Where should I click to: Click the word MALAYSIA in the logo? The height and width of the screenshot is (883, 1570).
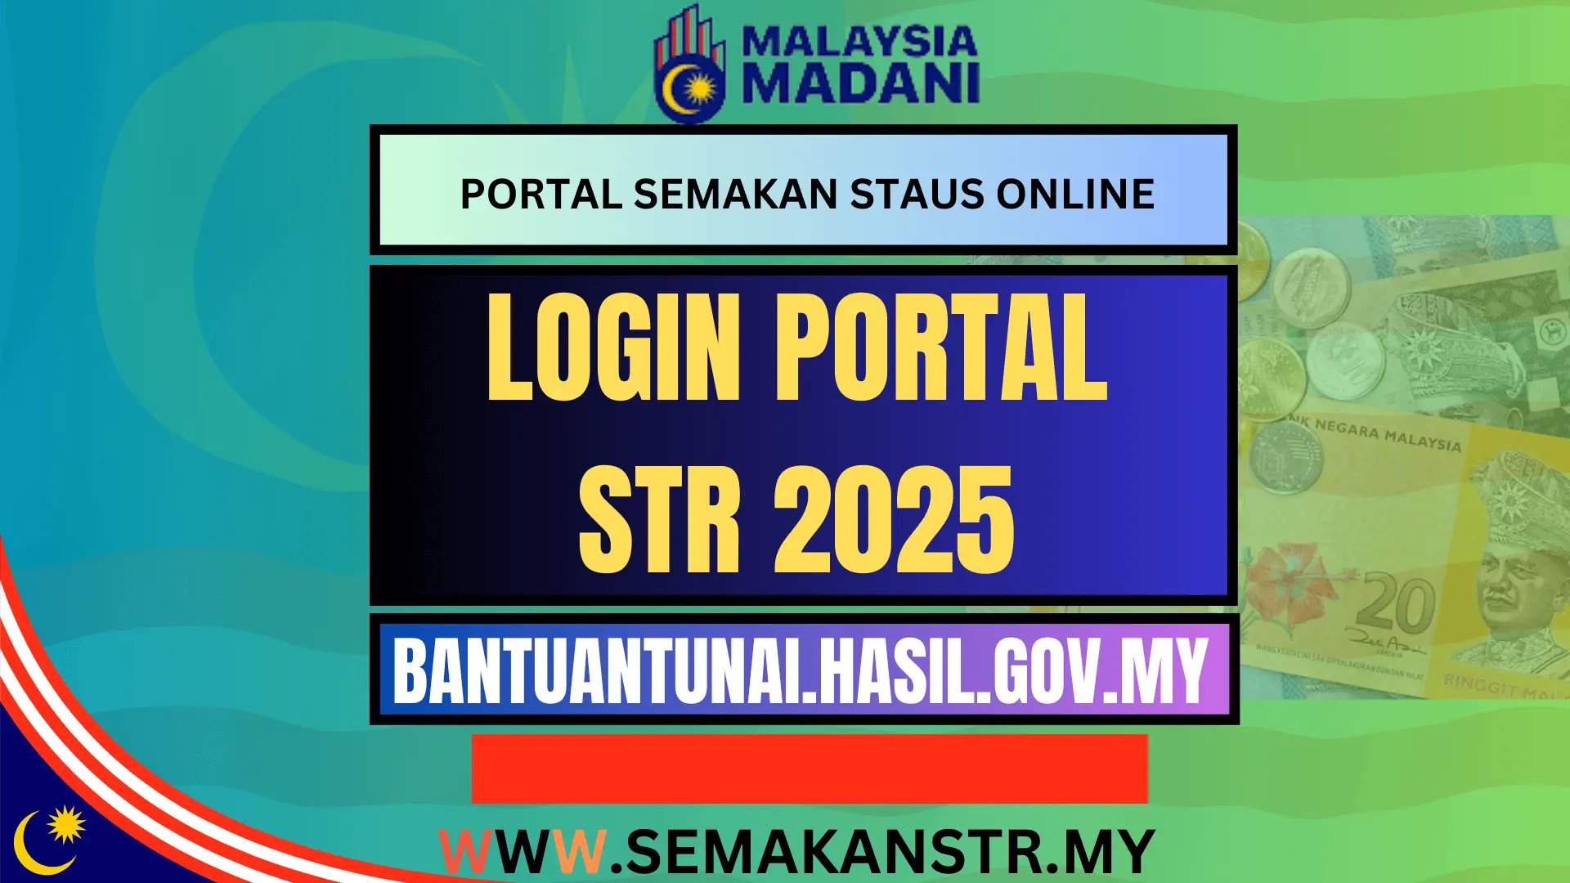pyautogui.click(x=860, y=42)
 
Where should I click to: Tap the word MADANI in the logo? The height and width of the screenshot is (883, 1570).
pyautogui.click(x=860, y=84)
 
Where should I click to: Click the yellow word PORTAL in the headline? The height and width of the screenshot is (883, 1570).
pyautogui.click(x=940, y=348)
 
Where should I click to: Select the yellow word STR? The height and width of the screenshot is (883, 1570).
pyautogui.click(x=659, y=520)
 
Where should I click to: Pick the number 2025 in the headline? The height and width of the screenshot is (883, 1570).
pyautogui.click(x=894, y=520)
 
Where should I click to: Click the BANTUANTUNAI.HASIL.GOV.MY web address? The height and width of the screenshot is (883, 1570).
pyautogui.click(x=801, y=671)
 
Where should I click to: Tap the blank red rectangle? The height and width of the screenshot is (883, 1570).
pyautogui.click(x=810, y=769)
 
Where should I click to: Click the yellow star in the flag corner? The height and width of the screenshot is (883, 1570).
pyautogui.click(x=66, y=824)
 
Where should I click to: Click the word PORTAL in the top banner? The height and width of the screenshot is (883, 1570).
pyautogui.click(x=541, y=195)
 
